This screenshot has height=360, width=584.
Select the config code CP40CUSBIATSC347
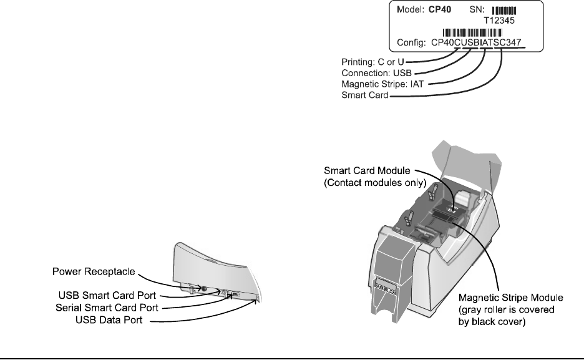[478, 44]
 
